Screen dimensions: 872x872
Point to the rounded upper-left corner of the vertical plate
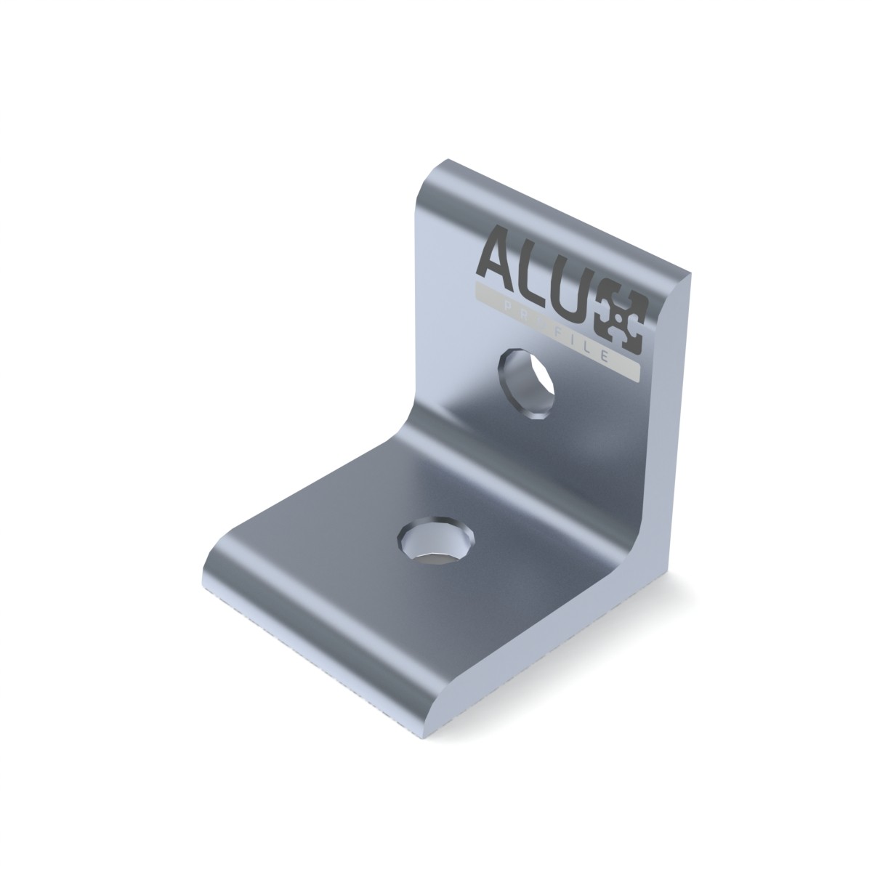click(x=428, y=181)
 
